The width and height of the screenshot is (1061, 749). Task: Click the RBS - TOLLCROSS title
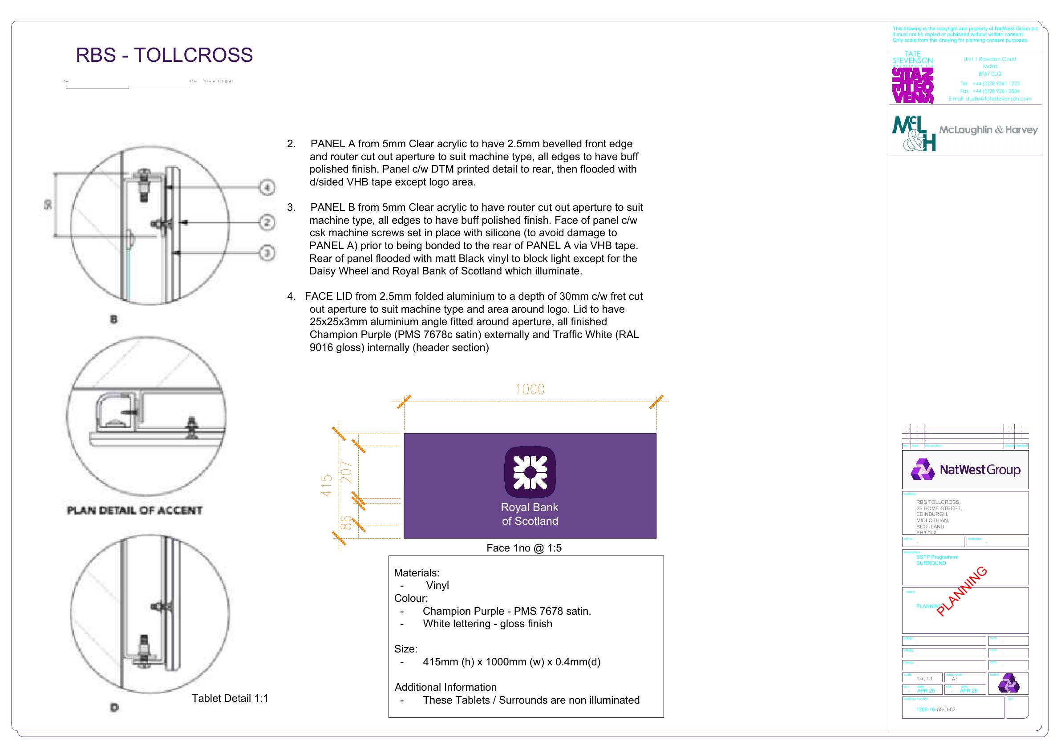tap(164, 55)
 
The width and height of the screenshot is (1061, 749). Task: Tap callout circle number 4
tap(267, 188)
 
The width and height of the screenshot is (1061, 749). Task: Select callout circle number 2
tap(267, 222)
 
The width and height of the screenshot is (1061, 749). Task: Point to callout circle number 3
tap(267, 253)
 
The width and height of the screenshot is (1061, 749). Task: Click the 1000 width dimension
tap(530, 390)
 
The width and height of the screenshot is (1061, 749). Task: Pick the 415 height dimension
tap(327, 485)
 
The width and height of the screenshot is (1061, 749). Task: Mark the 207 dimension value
tap(347, 472)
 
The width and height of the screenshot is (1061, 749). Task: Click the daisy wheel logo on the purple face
tap(530, 472)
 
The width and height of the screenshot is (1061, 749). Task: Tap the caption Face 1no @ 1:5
tap(523, 548)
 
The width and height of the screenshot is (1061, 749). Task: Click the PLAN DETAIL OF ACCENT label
tap(134, 511)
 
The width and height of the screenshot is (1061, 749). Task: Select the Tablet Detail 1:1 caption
tap(230, 698)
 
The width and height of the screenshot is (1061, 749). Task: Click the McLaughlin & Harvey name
tap(988, 130)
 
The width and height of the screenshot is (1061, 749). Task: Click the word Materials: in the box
tap(417, 573)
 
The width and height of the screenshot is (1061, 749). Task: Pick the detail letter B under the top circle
tap(113, 319)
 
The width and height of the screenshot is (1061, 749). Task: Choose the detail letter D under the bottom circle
tap(114, 707)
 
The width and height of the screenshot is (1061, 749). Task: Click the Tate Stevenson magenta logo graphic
tap(913, 85)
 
